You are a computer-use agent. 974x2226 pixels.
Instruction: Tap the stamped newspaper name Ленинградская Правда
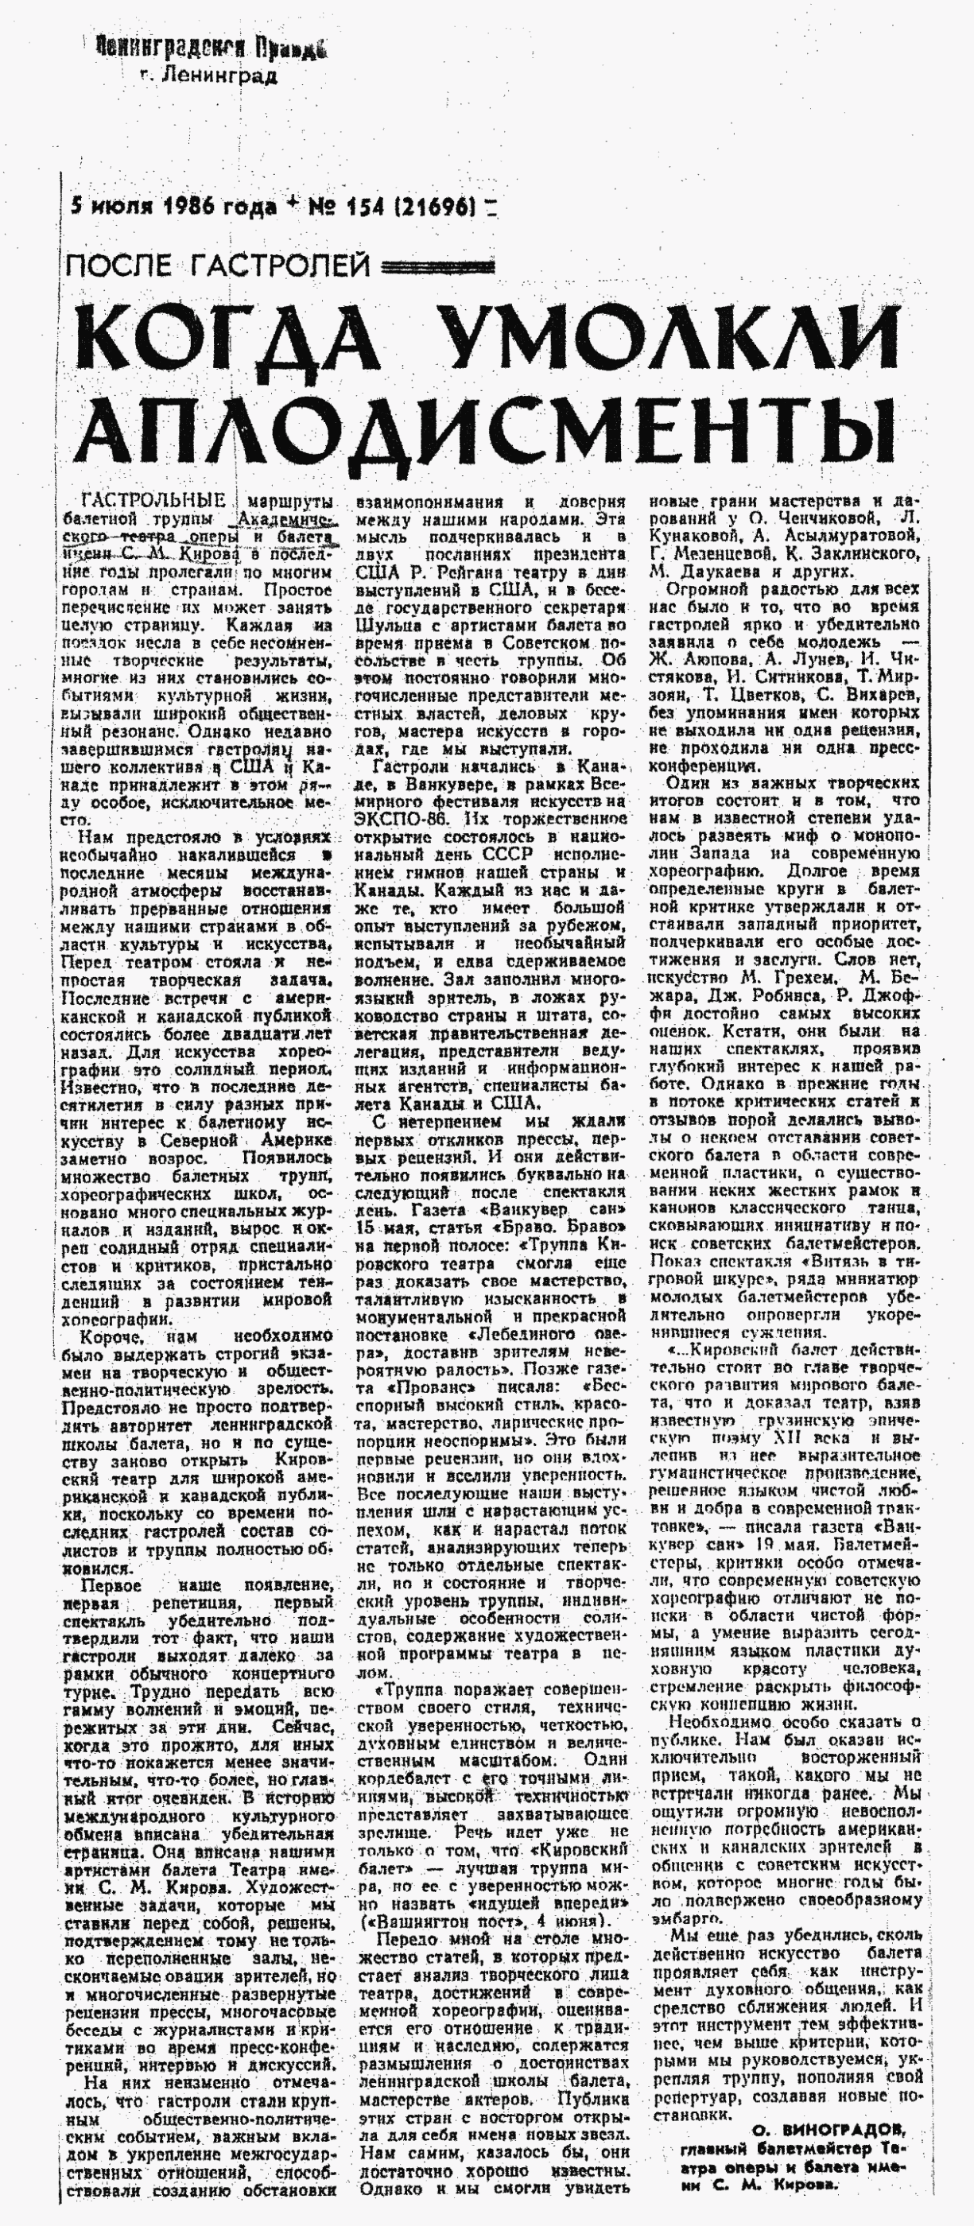[x=211, y=48]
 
